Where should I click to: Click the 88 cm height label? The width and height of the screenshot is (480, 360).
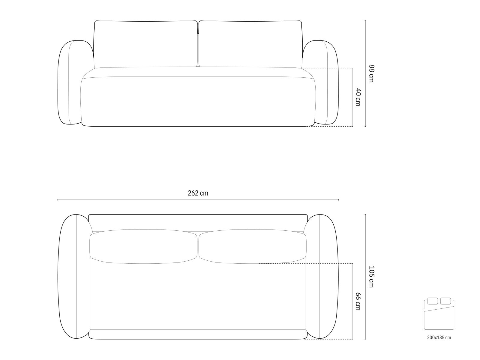click(371, 73)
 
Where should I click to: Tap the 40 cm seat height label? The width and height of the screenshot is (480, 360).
click(358, 97)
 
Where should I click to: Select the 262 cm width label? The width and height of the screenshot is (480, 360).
click(198, 193)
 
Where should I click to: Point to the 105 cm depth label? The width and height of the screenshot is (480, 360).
click(371, 277)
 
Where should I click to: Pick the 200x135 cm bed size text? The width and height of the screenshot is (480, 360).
click(439, 337)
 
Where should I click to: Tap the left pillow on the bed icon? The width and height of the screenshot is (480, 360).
click(433, 301)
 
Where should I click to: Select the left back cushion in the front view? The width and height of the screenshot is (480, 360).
click(145, 44)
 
